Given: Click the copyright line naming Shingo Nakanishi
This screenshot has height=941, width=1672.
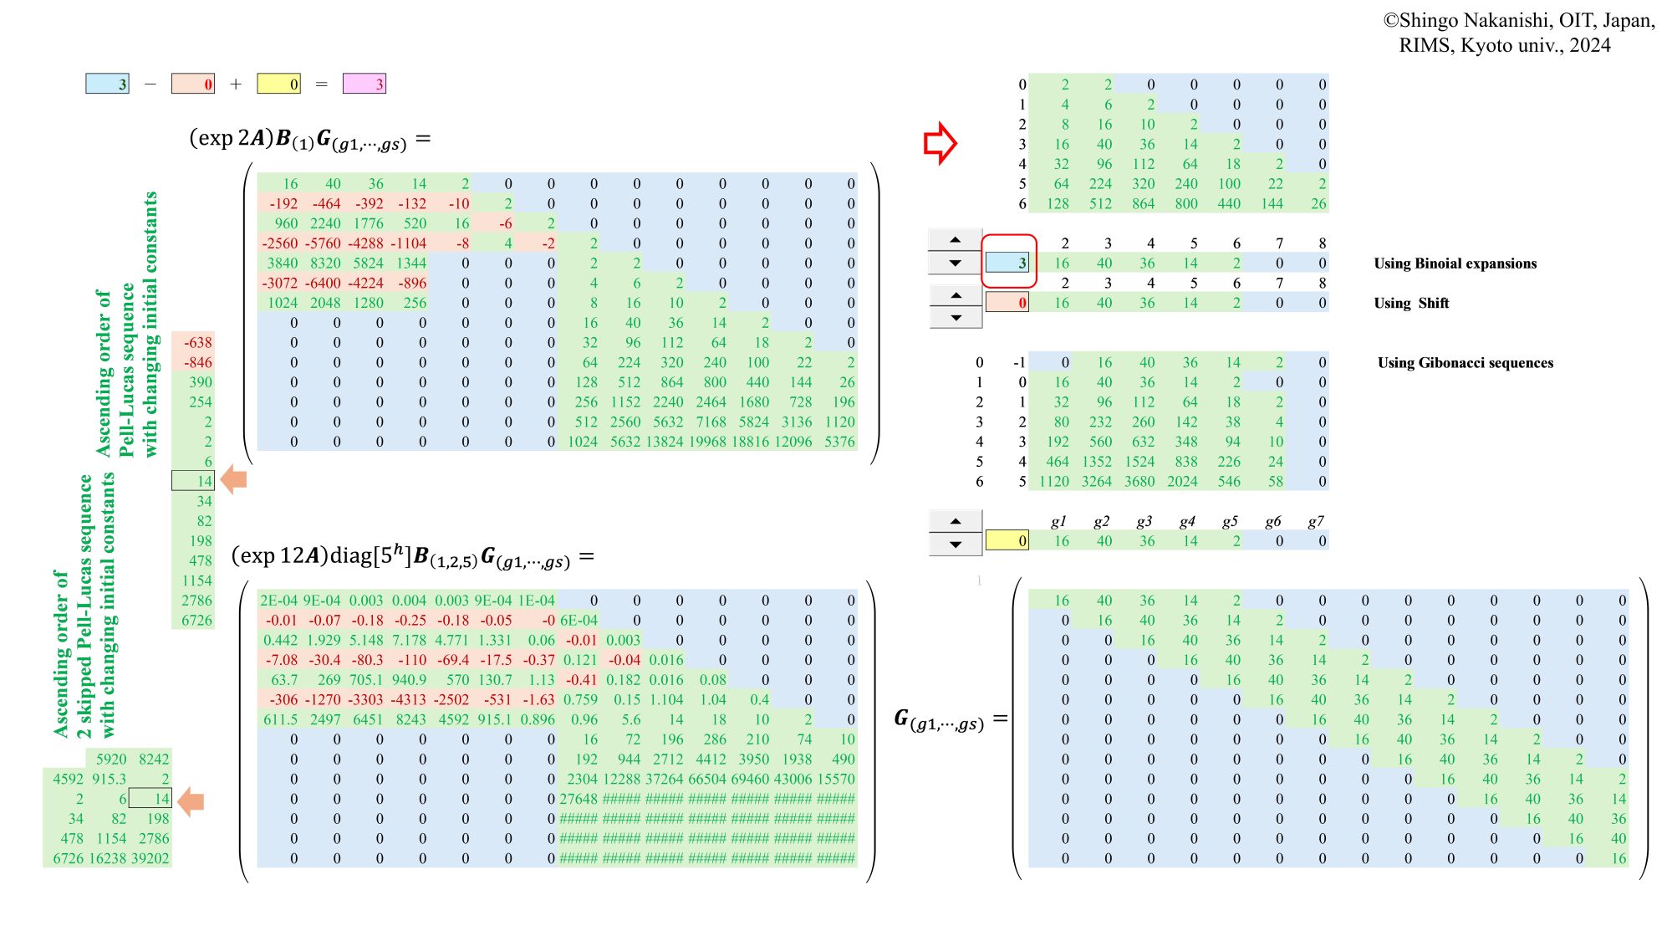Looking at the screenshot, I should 1518,21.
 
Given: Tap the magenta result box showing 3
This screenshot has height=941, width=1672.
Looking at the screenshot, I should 364,84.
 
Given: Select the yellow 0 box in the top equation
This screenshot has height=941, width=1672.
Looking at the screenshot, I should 278,84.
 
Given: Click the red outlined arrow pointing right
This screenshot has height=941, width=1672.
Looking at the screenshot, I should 940,143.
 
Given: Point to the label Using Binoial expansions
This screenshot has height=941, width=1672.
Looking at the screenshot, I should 1455,263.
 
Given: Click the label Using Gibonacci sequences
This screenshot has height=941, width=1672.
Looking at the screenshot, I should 1465,363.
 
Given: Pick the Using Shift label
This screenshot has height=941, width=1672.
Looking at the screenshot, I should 1411,303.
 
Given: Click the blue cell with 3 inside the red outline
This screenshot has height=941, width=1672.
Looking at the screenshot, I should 1007,263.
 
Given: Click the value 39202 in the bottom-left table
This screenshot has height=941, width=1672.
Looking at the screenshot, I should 151,858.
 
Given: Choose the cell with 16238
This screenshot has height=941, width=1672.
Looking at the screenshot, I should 108,858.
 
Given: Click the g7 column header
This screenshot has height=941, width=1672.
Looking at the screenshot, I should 1315,521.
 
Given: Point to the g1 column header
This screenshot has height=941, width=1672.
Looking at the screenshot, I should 1058,521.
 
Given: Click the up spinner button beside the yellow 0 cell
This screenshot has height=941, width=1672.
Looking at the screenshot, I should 956,521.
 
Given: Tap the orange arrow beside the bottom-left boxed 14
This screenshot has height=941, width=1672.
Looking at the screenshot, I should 191,800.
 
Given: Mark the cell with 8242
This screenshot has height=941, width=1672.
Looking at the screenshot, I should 153,759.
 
